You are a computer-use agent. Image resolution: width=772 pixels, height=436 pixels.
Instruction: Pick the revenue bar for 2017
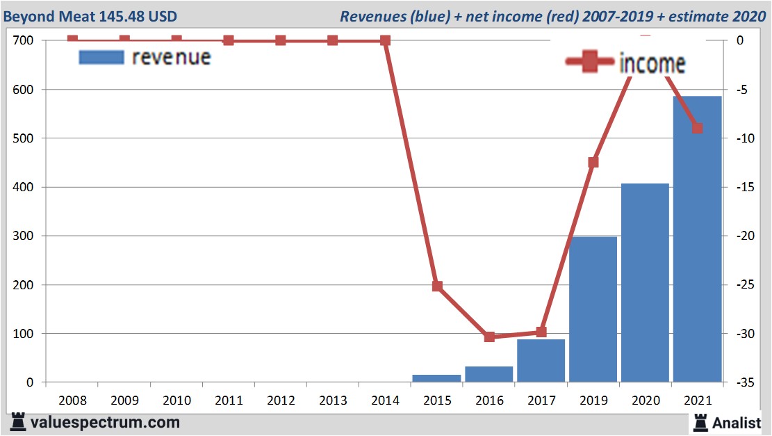(541, 361)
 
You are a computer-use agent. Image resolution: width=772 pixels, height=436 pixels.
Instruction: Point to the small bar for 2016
(488, 374)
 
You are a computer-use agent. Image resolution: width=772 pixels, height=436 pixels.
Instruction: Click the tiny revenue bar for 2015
(436, 378)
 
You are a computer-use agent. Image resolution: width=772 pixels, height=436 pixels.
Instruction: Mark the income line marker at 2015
(437, 286)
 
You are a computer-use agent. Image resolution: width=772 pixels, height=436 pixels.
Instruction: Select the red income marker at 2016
(489, 337)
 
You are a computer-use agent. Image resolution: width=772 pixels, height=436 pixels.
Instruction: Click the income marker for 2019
(593, 162)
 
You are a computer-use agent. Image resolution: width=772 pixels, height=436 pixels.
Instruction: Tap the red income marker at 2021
(698, 128)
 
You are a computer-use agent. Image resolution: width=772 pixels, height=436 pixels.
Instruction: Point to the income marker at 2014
(385, 40)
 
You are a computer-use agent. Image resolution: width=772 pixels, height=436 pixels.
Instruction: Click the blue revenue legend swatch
(101, 57)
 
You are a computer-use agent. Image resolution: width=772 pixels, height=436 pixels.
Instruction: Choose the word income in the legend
(652, 63)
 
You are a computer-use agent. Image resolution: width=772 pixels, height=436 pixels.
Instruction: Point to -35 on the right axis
(744, 382)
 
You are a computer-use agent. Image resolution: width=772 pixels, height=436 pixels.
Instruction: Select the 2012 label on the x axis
(281, 401)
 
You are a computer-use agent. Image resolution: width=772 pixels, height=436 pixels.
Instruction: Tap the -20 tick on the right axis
(744, 236)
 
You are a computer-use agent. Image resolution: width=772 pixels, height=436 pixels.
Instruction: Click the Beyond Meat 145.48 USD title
(90, 16)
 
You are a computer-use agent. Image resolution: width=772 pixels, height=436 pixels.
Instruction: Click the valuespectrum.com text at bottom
(104, 422)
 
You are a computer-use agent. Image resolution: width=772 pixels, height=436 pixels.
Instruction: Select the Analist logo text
(737, 422)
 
